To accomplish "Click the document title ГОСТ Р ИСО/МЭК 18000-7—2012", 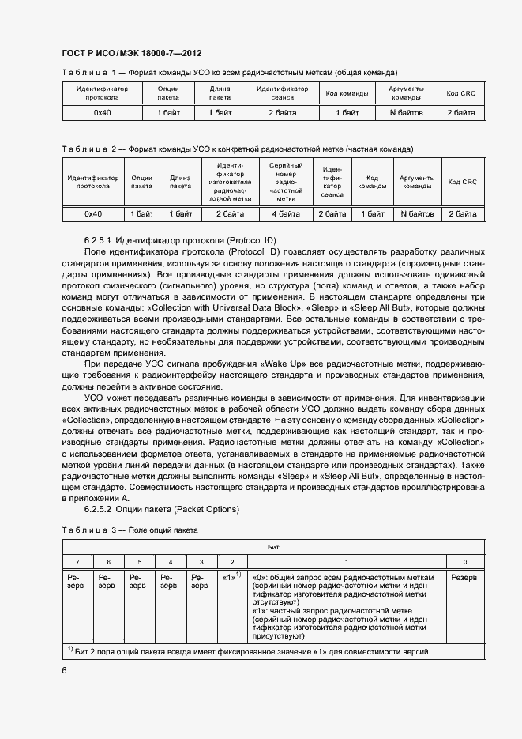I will (x=131, y=53).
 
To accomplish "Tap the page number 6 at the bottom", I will (x=65, y=670).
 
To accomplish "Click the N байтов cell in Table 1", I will (x=407, y=113).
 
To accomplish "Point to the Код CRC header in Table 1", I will (x=460, y=93).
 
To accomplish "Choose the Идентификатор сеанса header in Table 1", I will (x=282, y=93).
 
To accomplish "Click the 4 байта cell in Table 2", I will (x=286, y=213).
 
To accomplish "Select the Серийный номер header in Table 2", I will (x=286, y=182).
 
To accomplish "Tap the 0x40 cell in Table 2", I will (x=93, y=213).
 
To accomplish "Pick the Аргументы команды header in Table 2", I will (x=417, y=182).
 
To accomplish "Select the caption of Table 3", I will (x=130, y=530).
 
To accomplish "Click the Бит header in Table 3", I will (x=272, y=546).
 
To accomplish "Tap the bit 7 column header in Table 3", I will (x=77, y=561).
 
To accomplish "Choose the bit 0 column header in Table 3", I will (x=464, y=561).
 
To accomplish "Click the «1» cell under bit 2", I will (x=231, y=578).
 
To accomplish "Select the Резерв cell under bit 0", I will (x=464, y=578).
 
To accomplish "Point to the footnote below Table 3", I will (x=249, y=653).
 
